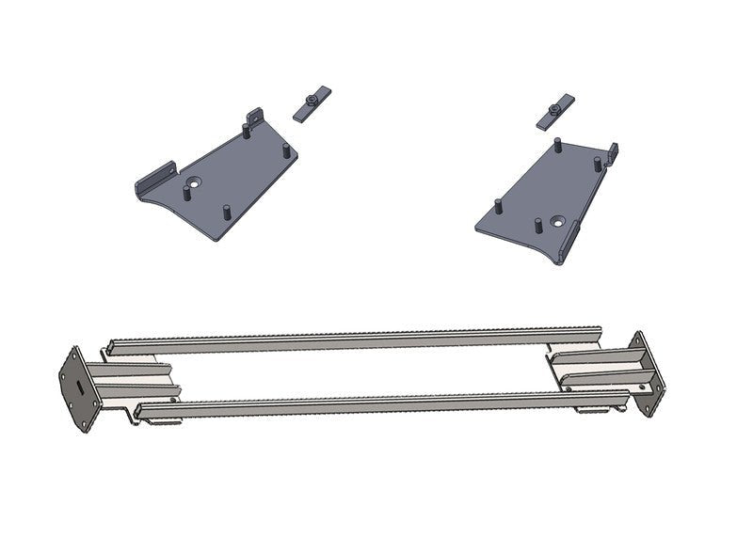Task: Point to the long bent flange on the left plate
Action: tap(154, 179)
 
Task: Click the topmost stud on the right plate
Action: tap(557, 146)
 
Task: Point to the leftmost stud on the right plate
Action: tap(496, 205)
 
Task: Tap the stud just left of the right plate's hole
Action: tap(537, 225)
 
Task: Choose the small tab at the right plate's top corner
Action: tap(613, 150)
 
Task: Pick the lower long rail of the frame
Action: tap(376, 401)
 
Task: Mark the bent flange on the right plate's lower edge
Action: tap(570, 245)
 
